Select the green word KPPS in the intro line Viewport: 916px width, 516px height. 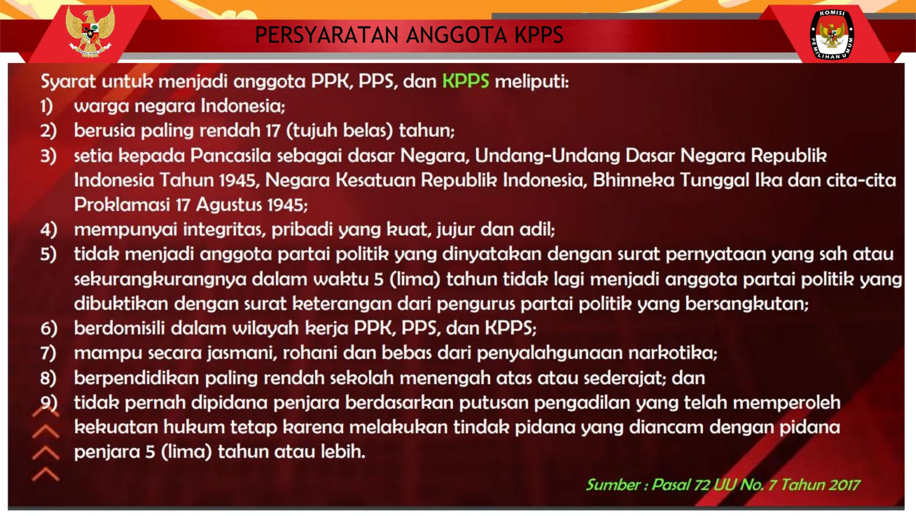(x=466, y=82)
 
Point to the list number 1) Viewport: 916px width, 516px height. (x=47, y=106)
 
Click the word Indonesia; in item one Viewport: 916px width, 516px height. (x=242, y=106)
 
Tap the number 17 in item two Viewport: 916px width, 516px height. (x=272, y=131)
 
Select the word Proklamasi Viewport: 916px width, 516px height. (x=122, y=205)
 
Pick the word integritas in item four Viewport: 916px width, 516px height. (x=224, y=229)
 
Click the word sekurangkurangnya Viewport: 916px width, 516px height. (x=160, y=279)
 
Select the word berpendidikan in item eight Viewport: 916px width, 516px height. (x=136, y=378)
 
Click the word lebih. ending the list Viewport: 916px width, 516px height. (x=343, y=451)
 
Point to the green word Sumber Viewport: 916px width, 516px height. (x=613, y=485)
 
